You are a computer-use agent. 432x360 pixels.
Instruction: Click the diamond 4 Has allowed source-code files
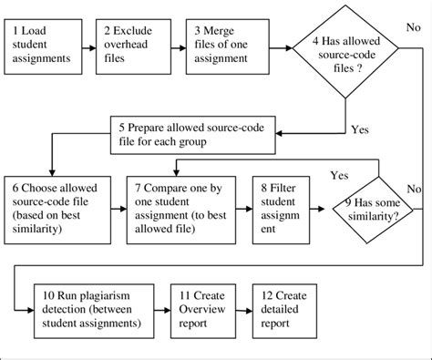click(343, 54)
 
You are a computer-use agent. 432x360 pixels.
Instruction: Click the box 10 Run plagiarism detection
click(87, 311)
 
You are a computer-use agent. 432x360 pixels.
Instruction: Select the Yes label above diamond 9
click(339, 174)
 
